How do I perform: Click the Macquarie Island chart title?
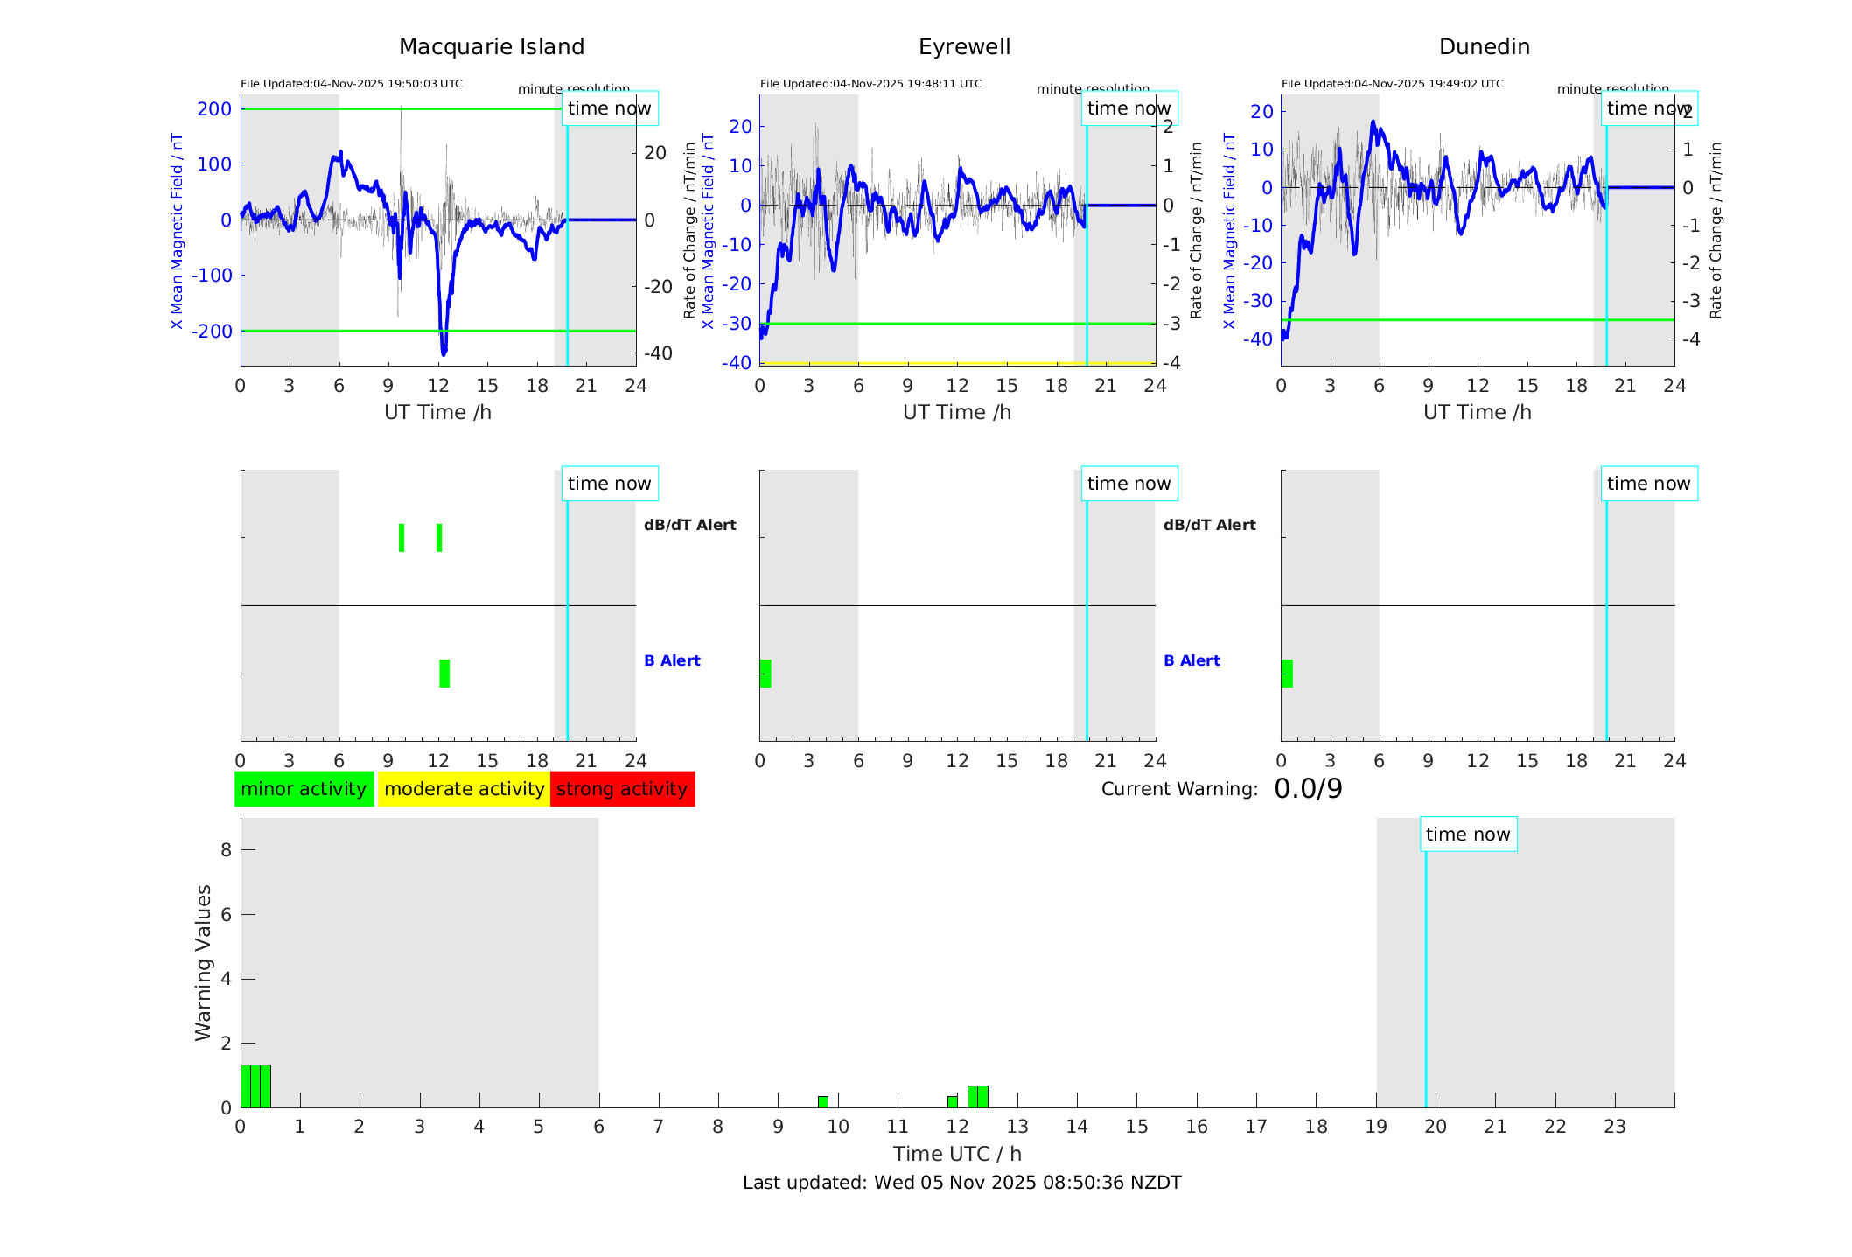click(x=491, y=47)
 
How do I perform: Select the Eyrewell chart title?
click(x=964, y=47)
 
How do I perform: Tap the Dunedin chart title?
click(x=1484, y=47)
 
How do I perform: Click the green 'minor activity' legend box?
click(x=304, y=789)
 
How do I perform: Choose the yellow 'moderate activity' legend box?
click(x=464, y=789)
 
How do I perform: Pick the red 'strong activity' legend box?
click(x=622, y=789)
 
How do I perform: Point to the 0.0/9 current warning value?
click(x=1308, y=789)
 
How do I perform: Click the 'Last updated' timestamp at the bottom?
click(x=961, y=1183)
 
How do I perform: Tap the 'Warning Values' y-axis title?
click(x=204, y=962)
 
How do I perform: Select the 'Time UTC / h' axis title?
click(x=957, y=1154)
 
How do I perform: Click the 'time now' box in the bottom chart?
click(x=1468, y=835)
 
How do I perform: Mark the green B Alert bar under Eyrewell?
click(x=765, y=674)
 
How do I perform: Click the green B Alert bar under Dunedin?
click(x=1287, y=674)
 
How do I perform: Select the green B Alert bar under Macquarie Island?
click(x=444, y=674)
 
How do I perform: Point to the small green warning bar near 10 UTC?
click(x=823, y=1102)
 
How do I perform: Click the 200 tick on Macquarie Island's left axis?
click(x=214, y=109)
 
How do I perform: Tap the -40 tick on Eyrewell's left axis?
click(x=736, y=362)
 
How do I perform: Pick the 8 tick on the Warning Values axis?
click(x=227, y=849)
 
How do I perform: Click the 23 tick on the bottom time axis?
click(x=1614, y=1127)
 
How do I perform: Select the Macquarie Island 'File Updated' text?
click(x=352, y=84)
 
